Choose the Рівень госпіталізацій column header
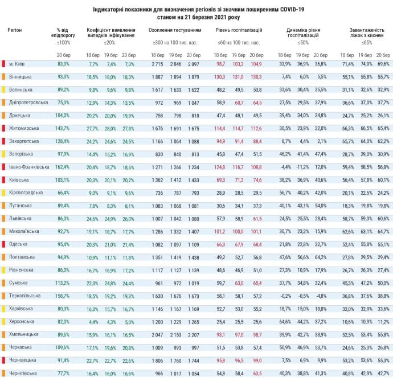pyautogui.click(x=239, y=29)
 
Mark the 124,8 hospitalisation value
pyautogui.click(x=220, y=167)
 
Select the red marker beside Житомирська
pyautogui.click(x=3, y=129)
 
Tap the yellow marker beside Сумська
pyautogui.click(x=3, y=283)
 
